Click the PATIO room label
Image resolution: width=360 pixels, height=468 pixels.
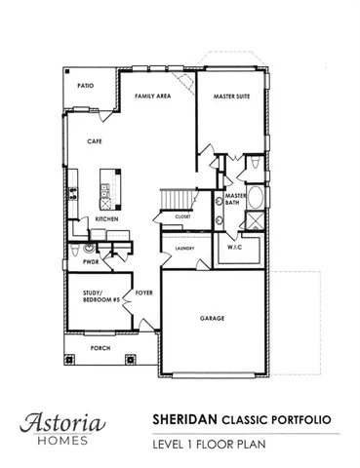point(86,86)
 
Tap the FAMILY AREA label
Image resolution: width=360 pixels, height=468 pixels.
point(153,97)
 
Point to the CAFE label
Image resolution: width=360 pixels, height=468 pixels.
point(94,142)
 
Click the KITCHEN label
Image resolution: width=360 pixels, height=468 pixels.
point(106,220)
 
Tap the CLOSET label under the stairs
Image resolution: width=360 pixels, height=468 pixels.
point(183,216)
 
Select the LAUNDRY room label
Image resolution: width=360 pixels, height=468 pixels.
point(185,249)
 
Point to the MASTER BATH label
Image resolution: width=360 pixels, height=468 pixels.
point(235,199)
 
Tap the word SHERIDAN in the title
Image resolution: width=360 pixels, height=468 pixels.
point(184,416)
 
